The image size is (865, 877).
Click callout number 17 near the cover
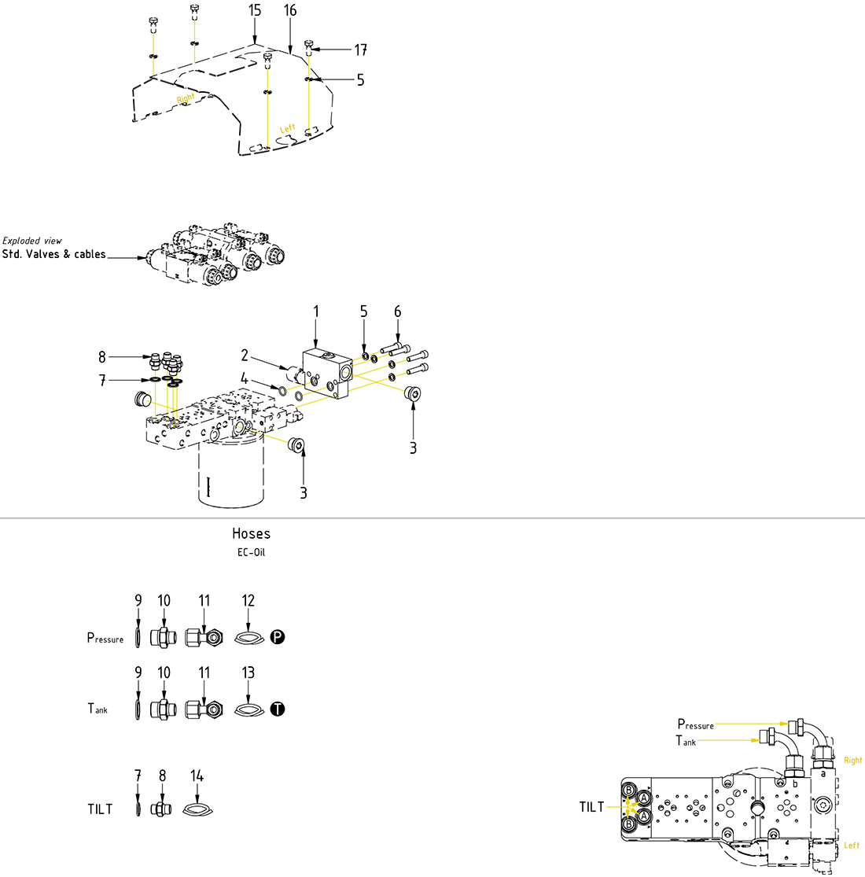click(360, 50)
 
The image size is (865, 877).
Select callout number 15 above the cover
click(254, 10)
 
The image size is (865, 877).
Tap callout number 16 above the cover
click(290, 10)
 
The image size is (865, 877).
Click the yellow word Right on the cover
click(186, 98)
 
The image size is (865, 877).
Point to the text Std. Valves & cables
click(53, 255)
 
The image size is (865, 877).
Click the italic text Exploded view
click(32, 241)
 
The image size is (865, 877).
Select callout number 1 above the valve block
click(316, 311)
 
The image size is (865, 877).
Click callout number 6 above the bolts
click(397, 311)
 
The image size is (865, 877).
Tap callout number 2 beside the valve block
click(245, 356)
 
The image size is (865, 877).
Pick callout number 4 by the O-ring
click(245, 378)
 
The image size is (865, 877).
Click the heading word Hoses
click(251, 533)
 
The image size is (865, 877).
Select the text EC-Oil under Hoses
click(251, 552)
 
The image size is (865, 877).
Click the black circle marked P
click(277, 637)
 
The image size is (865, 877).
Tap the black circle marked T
click(277, 709)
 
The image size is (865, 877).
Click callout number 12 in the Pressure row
click(248, 601)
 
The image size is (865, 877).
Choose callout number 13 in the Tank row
click(248, 673)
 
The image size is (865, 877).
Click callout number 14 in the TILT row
click(197, 776)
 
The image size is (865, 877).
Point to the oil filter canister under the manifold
click(230, 476)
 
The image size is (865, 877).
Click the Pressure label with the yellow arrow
click(695, 724)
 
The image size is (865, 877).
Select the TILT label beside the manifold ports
click(591, 807)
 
